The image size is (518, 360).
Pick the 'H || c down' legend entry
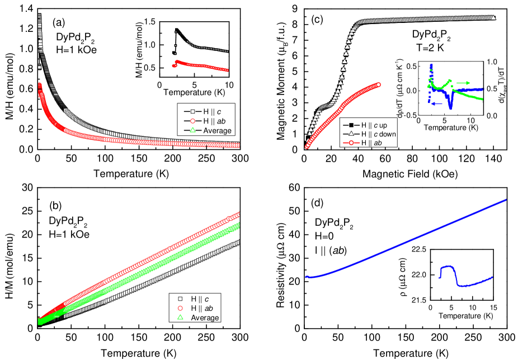pyautogui.click(x=373, y=134)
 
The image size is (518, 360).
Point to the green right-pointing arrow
pyautogui.click(x=463, y=83)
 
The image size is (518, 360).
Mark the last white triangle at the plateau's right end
pyautogui.click(x=494, y=17)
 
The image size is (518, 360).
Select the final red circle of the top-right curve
pyautogui.click(x=379, y=84)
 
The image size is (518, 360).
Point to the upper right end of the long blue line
pyautogui.click(x=506, y=200)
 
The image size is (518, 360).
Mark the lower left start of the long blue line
pyautogui.click(x=307, y=277)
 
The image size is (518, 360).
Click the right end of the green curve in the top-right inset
pyautogui.click(x=482, y=100)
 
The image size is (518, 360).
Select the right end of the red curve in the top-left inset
pyautogui.click(x=227, y=70)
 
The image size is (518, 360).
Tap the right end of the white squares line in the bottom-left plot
pyautogui.click(x=239, y=241)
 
